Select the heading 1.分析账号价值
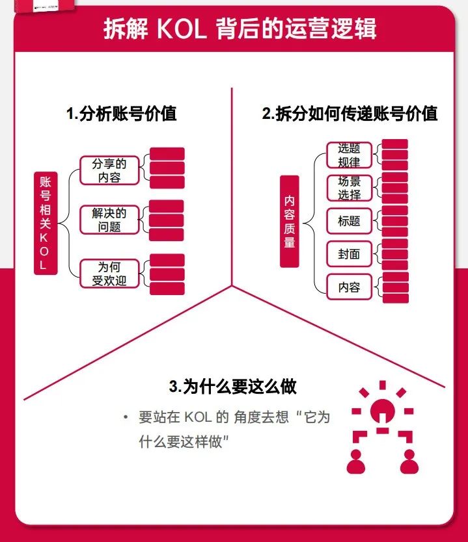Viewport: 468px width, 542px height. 122,114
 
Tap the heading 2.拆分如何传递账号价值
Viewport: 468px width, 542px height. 350,114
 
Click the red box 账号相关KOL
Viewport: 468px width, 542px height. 44,222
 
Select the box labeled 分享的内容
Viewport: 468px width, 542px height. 109,170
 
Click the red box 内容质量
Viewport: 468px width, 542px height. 290,221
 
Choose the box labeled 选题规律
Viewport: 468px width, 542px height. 350,155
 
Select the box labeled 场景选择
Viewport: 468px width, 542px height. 350,188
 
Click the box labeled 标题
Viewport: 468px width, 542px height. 350,221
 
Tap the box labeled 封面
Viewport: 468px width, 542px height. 350,254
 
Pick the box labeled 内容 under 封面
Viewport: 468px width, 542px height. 350,287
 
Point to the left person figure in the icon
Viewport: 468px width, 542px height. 356,460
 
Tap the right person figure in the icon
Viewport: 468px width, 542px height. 408,460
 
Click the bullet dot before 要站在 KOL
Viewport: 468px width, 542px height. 126,417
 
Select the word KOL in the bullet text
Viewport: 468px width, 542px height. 197,417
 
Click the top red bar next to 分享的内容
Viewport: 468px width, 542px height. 167,154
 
